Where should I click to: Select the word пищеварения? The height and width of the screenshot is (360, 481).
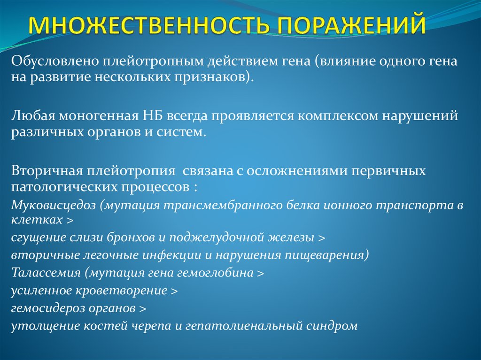[325, 255]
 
